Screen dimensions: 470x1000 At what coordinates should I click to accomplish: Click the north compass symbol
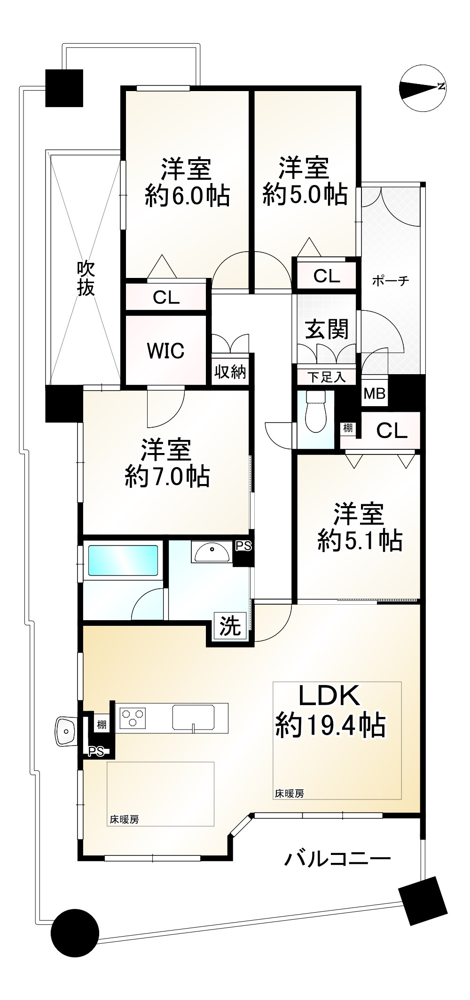point(423,88)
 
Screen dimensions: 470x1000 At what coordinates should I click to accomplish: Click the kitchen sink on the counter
point(193,717)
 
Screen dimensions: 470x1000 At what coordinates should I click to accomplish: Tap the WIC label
point(165,351)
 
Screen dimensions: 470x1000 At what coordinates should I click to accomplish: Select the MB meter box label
point(375,393)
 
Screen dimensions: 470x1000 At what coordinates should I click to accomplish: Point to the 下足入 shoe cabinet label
point(327,377)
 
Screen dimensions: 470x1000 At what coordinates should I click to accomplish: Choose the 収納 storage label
point(230,372)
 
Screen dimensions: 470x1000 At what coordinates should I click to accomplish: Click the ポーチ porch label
point(390,281)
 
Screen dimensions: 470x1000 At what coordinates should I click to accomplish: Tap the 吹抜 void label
point(86,278)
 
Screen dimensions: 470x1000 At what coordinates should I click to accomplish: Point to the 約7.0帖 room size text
point(167,477)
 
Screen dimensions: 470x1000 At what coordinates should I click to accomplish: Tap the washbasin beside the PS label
point(211,551)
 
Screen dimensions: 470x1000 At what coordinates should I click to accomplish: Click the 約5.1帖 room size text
point(360,540)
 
